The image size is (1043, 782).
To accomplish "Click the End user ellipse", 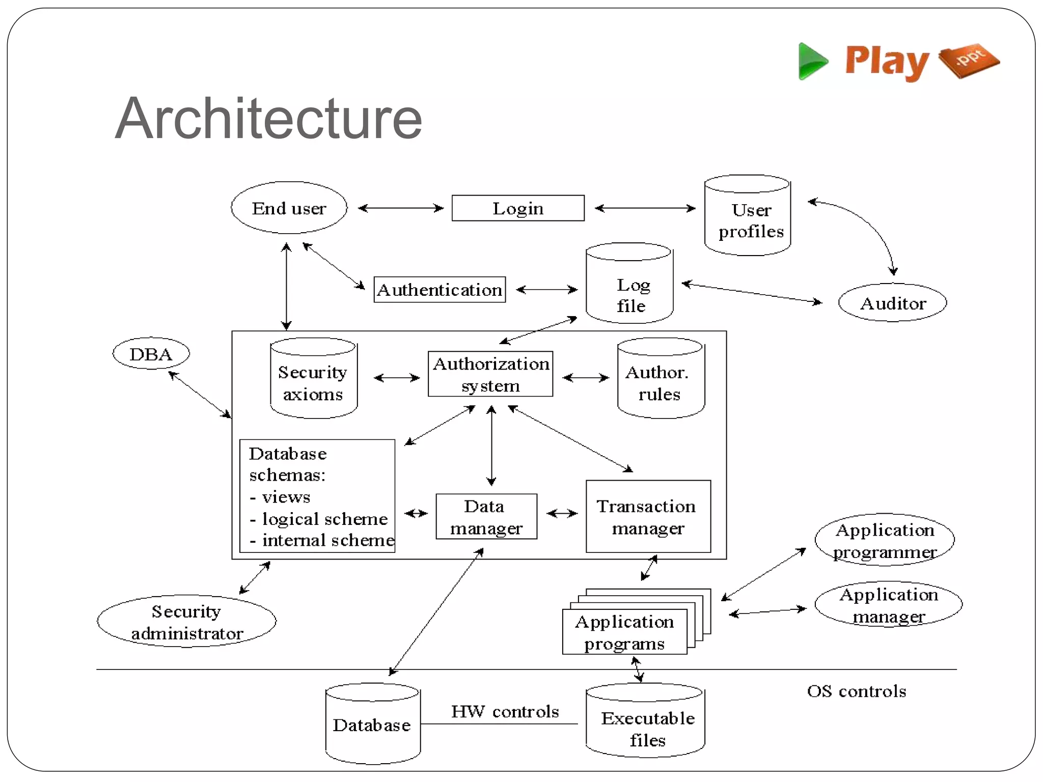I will [289, 208].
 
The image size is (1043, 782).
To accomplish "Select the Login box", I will [518, 208].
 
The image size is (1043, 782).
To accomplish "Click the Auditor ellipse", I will [892, 303].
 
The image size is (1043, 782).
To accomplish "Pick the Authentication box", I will [440, 290].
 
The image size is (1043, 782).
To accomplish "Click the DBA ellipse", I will [151, 353].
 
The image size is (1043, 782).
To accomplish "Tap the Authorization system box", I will [490, 374].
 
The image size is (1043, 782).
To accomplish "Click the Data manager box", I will [486, 517].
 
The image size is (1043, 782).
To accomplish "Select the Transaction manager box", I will [648, 517].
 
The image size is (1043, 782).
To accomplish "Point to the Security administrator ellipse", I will [186, 622].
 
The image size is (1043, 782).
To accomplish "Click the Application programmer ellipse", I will [885, 540].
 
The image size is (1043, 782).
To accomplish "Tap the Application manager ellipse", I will [888, 605].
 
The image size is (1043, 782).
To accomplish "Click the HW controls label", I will [505, 711].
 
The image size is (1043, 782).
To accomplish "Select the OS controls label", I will [857, 691].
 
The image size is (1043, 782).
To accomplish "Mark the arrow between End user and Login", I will [400, 208].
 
